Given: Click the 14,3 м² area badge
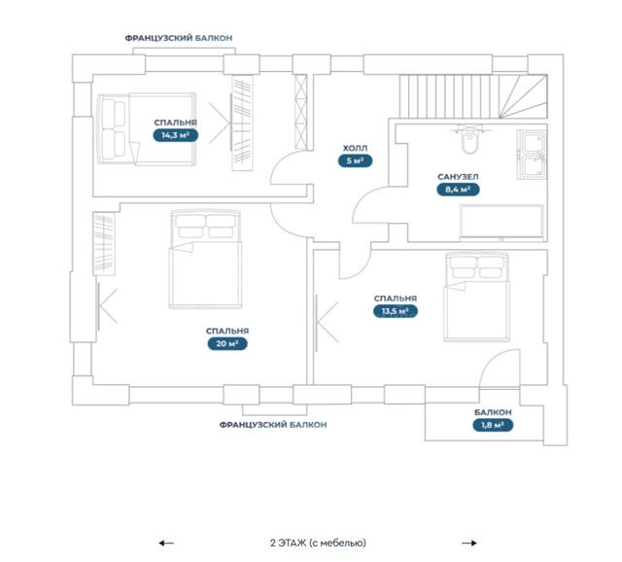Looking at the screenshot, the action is [x=175, y=135].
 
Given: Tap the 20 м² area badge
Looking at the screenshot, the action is [x=227, y=343].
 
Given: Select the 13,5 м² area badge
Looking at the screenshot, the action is [x=396, y=311].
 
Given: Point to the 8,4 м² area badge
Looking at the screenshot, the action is [x=458, y=190].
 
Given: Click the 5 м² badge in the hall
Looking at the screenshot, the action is [x=355, y=160].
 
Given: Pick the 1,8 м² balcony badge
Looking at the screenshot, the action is [x=493, y=425].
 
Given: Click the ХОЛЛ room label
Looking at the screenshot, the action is [x=355, y=148].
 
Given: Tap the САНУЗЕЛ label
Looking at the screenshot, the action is [x=458, y=177].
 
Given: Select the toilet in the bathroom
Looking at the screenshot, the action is [x=470, y=140].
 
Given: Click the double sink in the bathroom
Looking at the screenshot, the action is [x=532, y=155].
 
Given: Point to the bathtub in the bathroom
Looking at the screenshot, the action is [x=501, y=223].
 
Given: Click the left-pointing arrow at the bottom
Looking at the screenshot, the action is [x=166, y=543].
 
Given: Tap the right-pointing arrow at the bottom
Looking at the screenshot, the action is [x=469, y=543].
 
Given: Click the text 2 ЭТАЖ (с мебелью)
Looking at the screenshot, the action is [x=318, y=543].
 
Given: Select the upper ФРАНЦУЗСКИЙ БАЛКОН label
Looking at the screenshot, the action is [x=179, y=38].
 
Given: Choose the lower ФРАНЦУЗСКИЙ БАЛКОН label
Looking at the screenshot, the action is [x=273, y=425].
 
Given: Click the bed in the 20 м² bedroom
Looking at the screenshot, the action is [x=205, y=260].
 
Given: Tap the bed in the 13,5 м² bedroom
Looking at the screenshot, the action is [x=477, y=297].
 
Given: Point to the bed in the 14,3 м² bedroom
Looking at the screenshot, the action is [x=147, y=129].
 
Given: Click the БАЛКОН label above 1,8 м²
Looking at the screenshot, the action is [x=493, y=412].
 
